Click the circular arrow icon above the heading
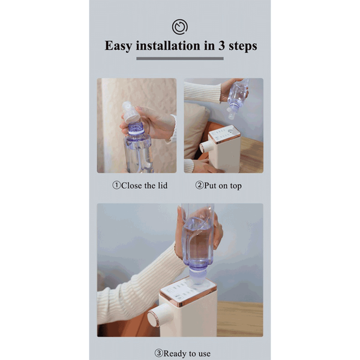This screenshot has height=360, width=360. pos(180,27)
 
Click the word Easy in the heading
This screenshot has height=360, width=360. pos(118,46)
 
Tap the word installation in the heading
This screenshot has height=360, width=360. pos(168,46)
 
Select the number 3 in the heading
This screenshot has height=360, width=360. pos(221,46)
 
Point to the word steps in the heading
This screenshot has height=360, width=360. pos(243,46)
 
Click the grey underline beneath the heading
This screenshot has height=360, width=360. pos(180,59)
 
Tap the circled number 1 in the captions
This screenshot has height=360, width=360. pos(116,185)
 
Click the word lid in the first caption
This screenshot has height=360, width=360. pos(163,185)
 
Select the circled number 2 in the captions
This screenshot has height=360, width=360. pos(199,185)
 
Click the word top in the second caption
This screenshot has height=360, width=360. pos(236,186)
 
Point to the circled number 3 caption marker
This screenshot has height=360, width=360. pos(158,353)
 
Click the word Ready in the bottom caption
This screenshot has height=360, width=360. pos(175,354)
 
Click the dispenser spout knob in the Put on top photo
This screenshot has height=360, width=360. pos(205,147)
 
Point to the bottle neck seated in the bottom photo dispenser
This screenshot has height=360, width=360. pos(198,277)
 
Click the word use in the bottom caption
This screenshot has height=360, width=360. pos(204,354)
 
